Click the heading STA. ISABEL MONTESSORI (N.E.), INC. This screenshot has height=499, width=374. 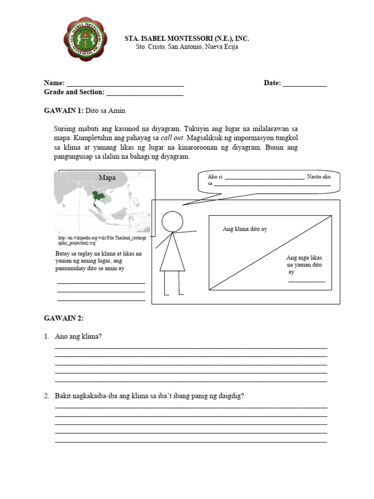(187, 38)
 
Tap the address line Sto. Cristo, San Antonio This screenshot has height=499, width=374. (187, 47)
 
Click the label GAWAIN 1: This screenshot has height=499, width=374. (64, 111)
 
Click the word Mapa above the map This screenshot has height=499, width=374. (107, 178)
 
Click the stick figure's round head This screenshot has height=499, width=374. (171, 221)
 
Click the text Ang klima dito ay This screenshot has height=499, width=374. (244, 229)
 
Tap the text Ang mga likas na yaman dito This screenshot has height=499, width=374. (304, 261)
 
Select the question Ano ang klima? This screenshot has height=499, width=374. (78, 337)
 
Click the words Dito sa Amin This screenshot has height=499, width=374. (106, 111)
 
